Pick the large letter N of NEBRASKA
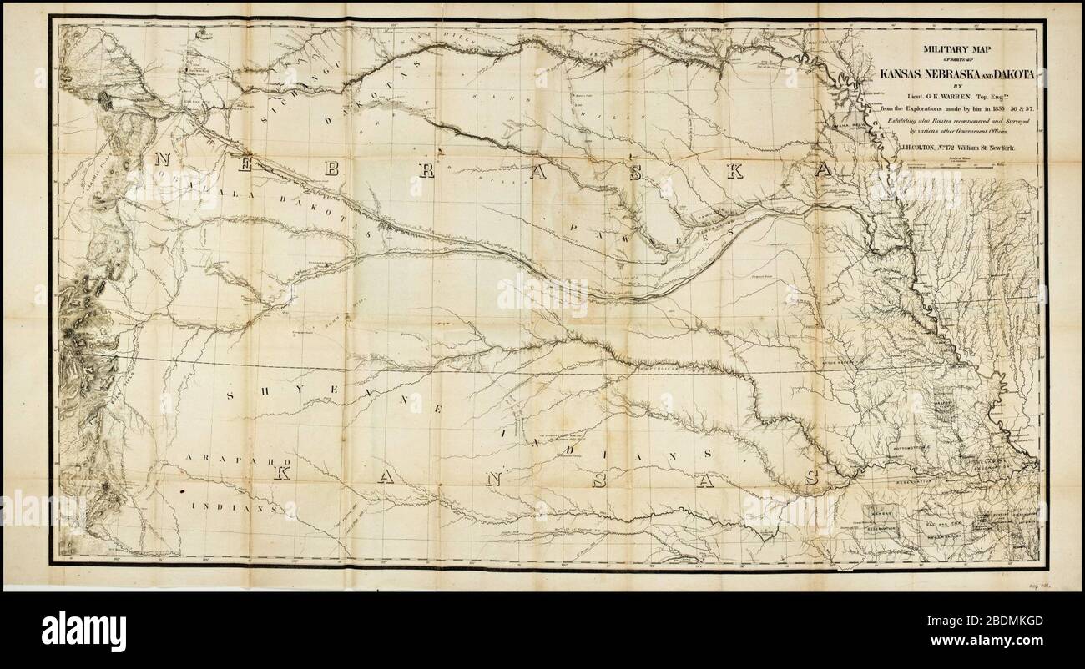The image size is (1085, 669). pyautogui.click(x=162, y=161)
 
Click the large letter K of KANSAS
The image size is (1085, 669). pyautogui.click(x=284, y=474)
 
